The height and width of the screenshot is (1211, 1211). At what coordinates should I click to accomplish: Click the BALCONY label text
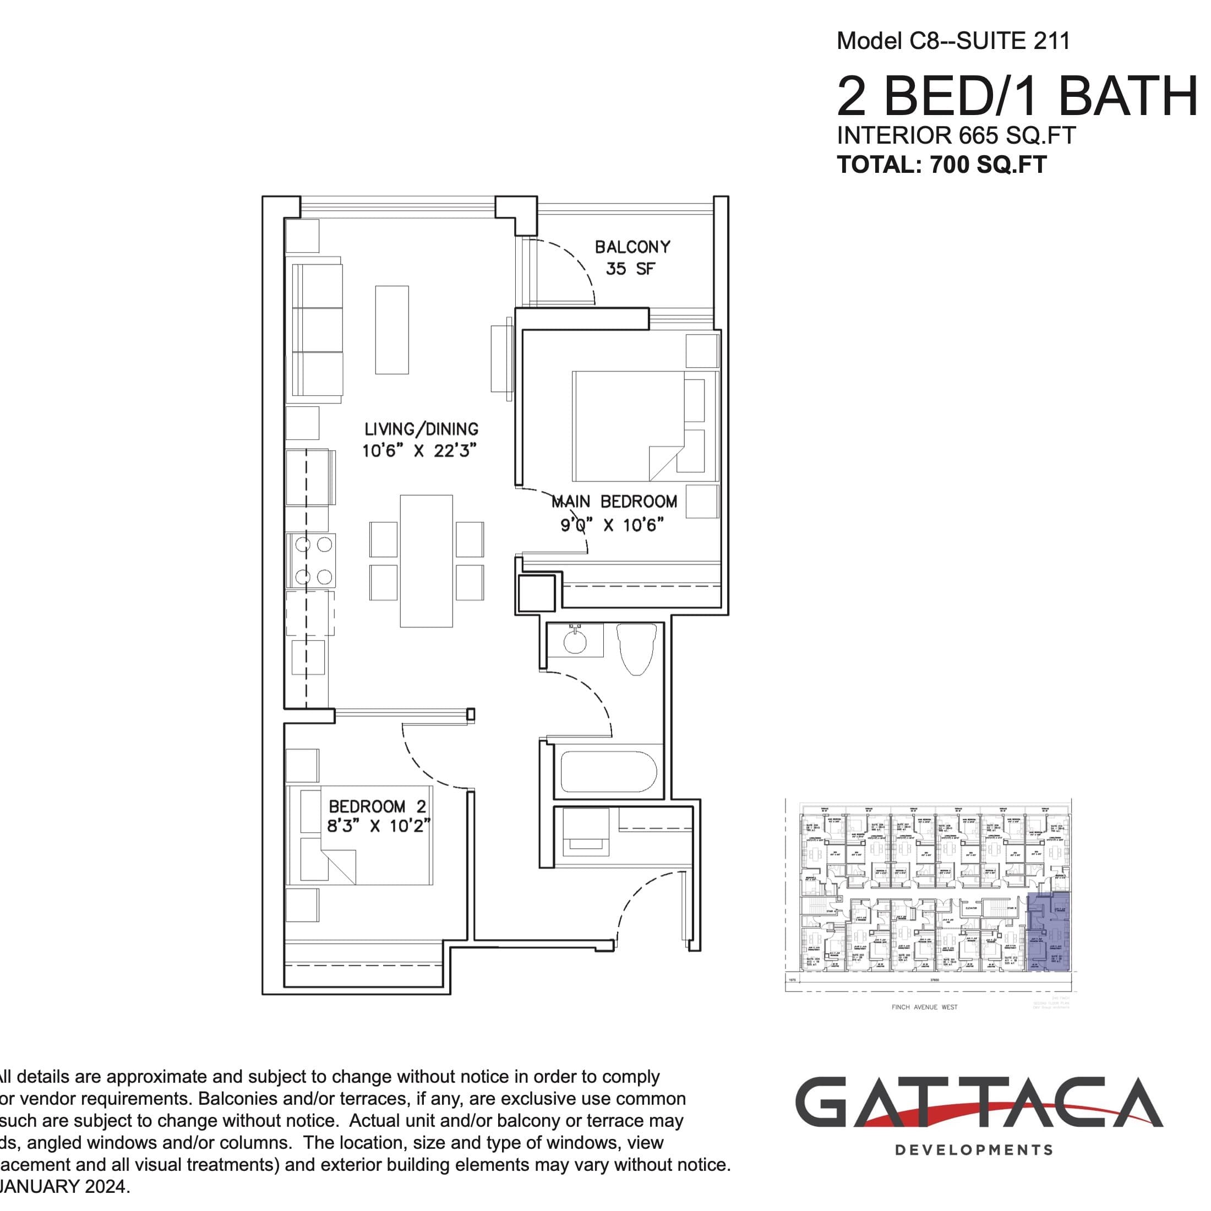pos(632,247)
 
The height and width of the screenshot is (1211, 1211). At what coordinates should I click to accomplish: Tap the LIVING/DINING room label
pos(421,429)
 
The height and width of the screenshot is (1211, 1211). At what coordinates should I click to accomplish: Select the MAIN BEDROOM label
pos(614,502)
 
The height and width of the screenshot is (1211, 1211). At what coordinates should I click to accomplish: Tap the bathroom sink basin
pos(574,641)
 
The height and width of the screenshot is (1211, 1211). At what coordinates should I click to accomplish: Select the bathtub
pos(608,772)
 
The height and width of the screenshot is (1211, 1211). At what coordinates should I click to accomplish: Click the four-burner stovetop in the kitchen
pos(313,560)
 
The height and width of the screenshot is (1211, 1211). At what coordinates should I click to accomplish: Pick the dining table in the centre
pos(426,561)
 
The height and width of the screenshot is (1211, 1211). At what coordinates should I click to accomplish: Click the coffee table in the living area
pos(392,330)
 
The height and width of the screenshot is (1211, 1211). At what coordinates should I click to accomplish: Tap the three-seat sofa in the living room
pos(317,330)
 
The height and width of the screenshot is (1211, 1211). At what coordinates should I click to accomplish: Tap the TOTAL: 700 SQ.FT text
pos(941,165)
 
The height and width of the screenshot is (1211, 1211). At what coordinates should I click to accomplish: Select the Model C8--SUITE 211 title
pos(953,41)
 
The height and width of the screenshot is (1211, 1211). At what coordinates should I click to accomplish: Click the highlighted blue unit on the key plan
pos(1049,932)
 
